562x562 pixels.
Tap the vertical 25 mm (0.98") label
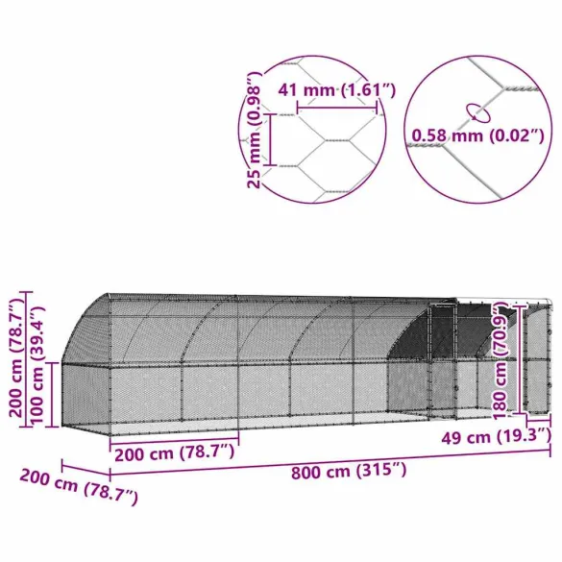(255, 130)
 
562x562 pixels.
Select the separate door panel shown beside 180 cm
(539, 360)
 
